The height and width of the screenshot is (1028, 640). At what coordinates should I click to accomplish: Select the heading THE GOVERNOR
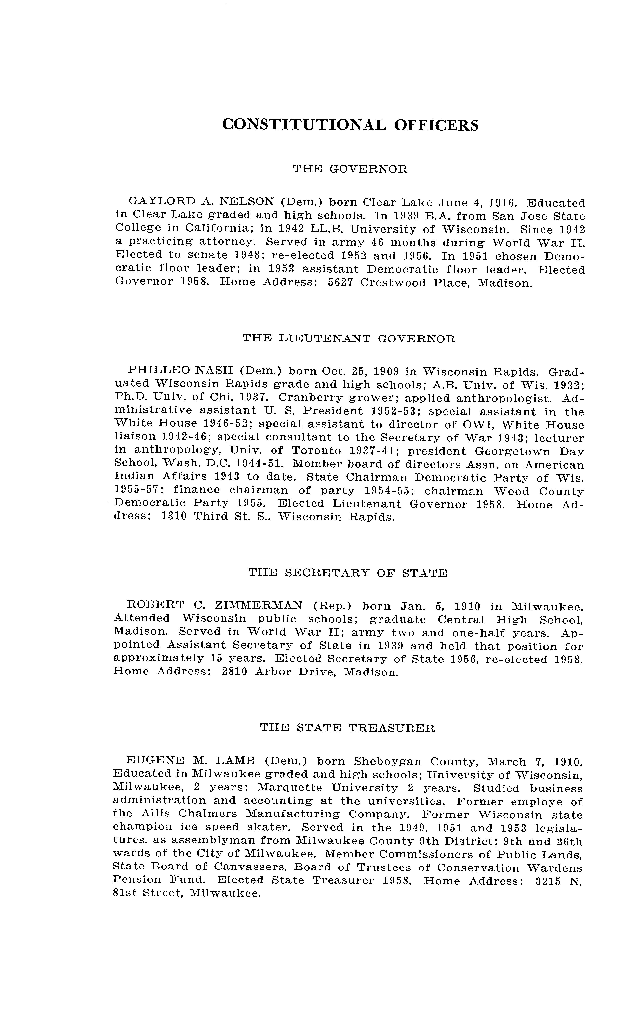(351, 169)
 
